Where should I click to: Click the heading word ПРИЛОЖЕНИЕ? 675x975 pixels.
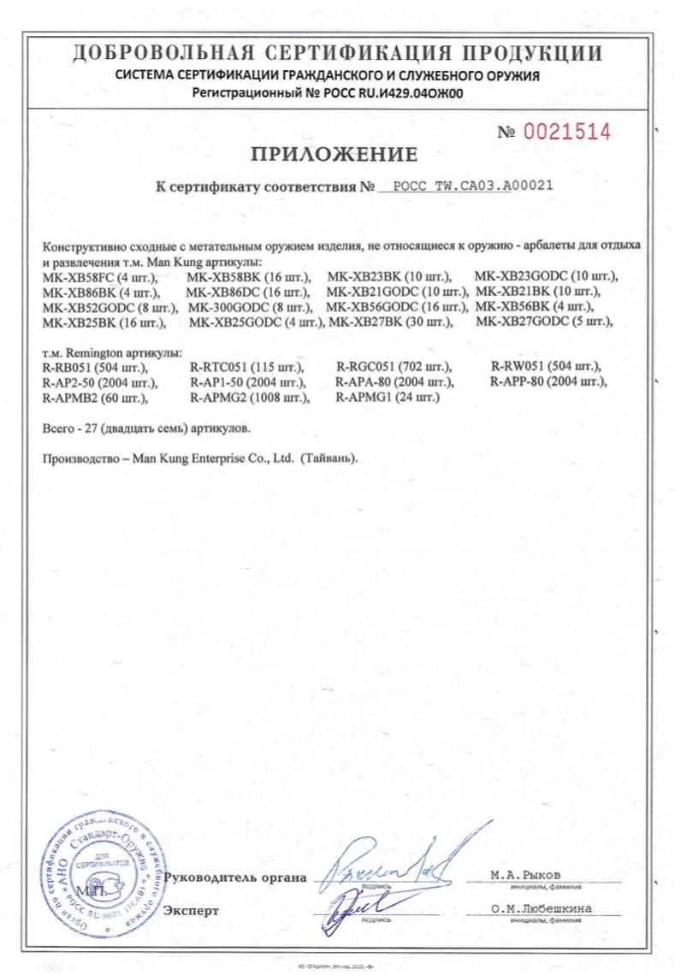click(x=335, y=154)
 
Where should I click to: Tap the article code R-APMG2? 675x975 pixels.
click(x=222, y=397)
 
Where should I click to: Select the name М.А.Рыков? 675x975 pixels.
click(x=526, y=875)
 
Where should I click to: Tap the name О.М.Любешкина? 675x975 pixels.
click(x=542, y=907)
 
